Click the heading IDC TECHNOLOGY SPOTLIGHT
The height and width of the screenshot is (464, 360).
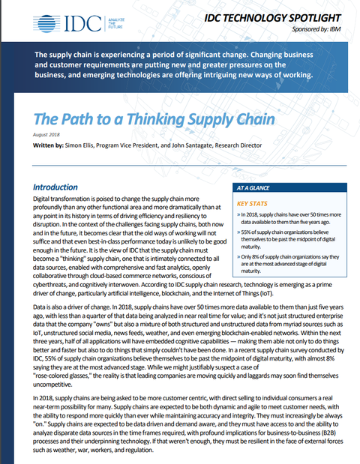[x=274, y=16]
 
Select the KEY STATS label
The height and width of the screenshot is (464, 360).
[x=254, y=203]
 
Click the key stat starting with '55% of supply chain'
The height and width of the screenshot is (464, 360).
[x=289, y=237]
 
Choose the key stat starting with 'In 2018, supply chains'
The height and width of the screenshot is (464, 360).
[x=289, y=217]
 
